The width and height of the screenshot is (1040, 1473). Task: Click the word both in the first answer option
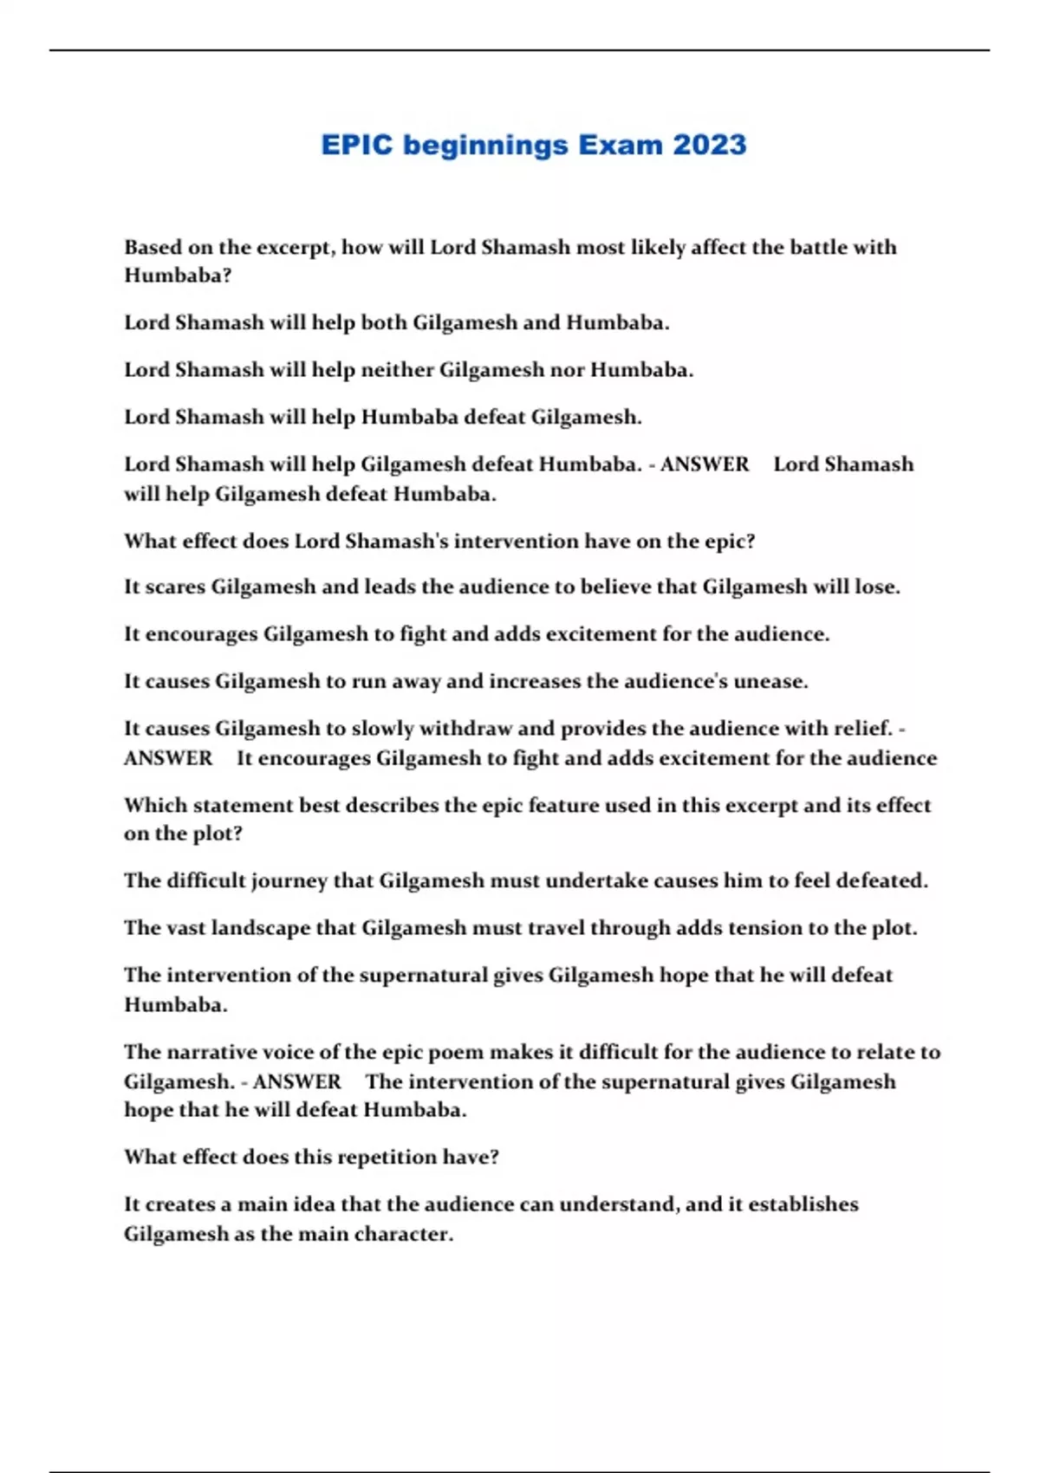[x=384, y=322]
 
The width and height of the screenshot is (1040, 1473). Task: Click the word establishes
[x=803, y=1204]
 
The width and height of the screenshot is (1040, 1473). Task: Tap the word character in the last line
[x=406, y=1234]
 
